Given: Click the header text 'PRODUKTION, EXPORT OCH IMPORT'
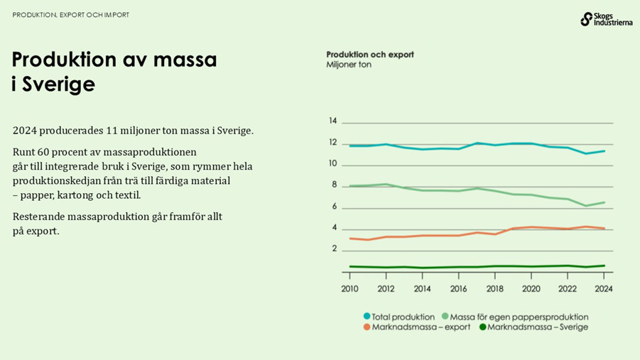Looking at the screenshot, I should pos(71,15).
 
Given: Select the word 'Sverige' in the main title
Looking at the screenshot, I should pos(59,84).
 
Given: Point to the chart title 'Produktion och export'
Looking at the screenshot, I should pos(369,54).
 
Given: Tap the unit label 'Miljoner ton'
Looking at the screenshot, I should pos(349,65).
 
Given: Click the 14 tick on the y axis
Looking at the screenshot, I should pos(333,121).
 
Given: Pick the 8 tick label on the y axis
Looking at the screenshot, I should pos(333,185).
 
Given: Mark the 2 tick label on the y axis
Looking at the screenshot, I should pos(333,249).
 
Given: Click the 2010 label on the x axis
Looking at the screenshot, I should pos(349,289).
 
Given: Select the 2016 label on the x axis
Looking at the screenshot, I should pos(458,289).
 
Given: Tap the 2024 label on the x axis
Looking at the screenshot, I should pos(603,289).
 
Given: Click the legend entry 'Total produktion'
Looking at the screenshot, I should pos(398,317).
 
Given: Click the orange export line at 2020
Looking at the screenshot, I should pos(531,227).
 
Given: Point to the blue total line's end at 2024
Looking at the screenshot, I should pos(604,151).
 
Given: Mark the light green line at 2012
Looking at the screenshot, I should pos(386,184).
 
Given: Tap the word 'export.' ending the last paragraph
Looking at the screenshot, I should pos(43,231).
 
